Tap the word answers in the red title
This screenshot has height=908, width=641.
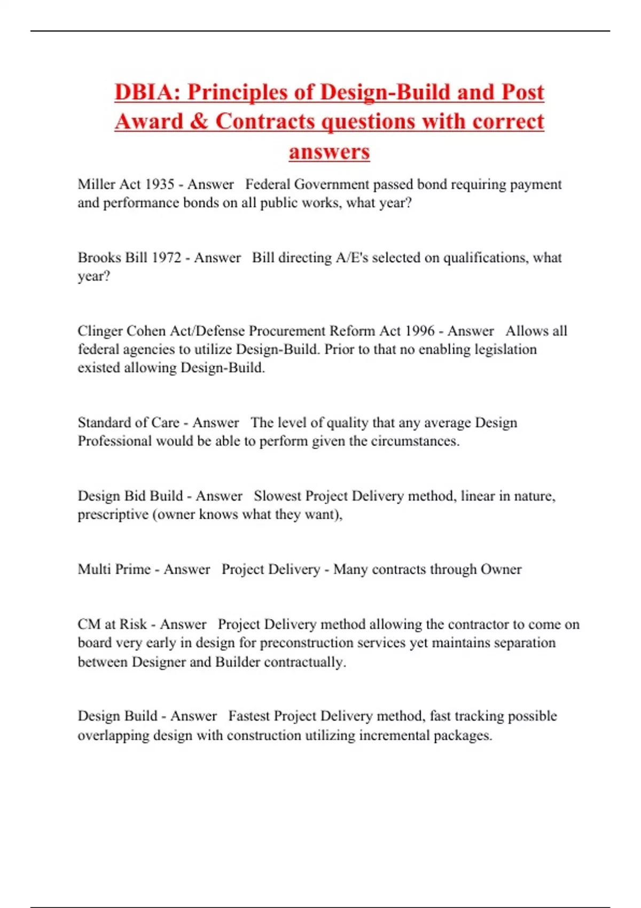coord(329,152)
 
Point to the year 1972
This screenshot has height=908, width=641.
coord(167,257)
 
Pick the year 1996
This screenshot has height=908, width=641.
coord(420,331)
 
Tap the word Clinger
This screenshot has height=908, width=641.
coord(100,331)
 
